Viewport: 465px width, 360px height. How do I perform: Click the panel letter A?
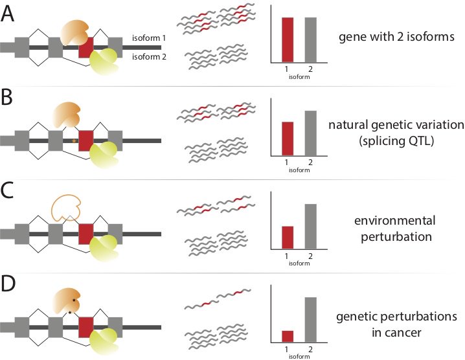(9, 14)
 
